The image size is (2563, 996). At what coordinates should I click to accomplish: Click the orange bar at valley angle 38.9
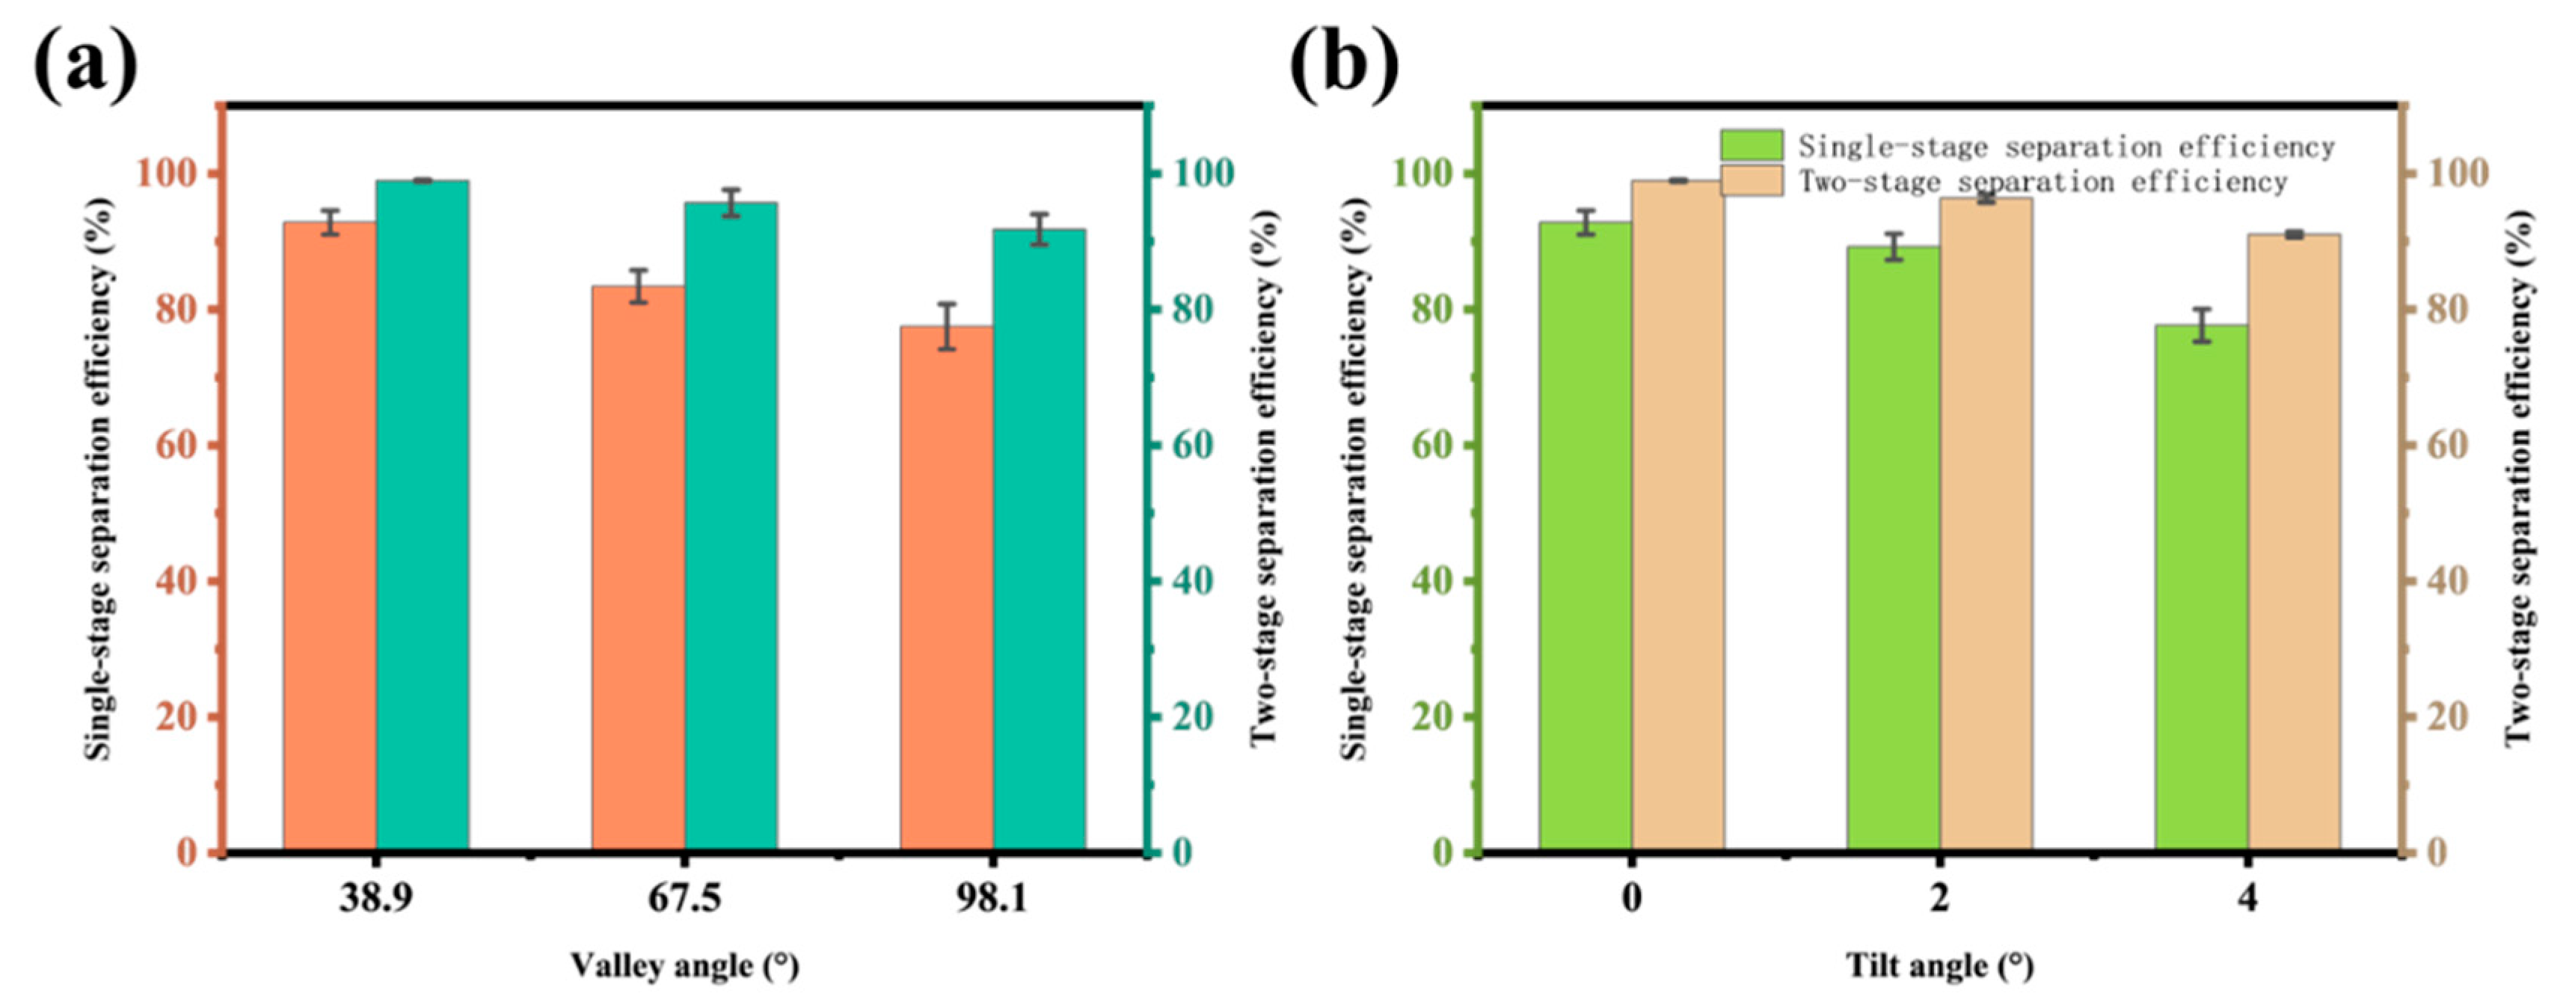329,538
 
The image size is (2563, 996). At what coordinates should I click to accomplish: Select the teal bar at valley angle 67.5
730,527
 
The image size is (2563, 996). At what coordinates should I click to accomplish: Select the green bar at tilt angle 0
1584,538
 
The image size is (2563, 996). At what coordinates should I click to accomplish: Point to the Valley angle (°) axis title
684,964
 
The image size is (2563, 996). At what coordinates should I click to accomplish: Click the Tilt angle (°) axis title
1939,964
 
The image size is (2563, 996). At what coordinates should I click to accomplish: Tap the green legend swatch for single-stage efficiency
1751,145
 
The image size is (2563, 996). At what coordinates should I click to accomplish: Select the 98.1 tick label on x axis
992,900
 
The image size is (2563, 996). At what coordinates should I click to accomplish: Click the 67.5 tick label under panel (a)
684,900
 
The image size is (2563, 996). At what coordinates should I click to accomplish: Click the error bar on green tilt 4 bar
2202,325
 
